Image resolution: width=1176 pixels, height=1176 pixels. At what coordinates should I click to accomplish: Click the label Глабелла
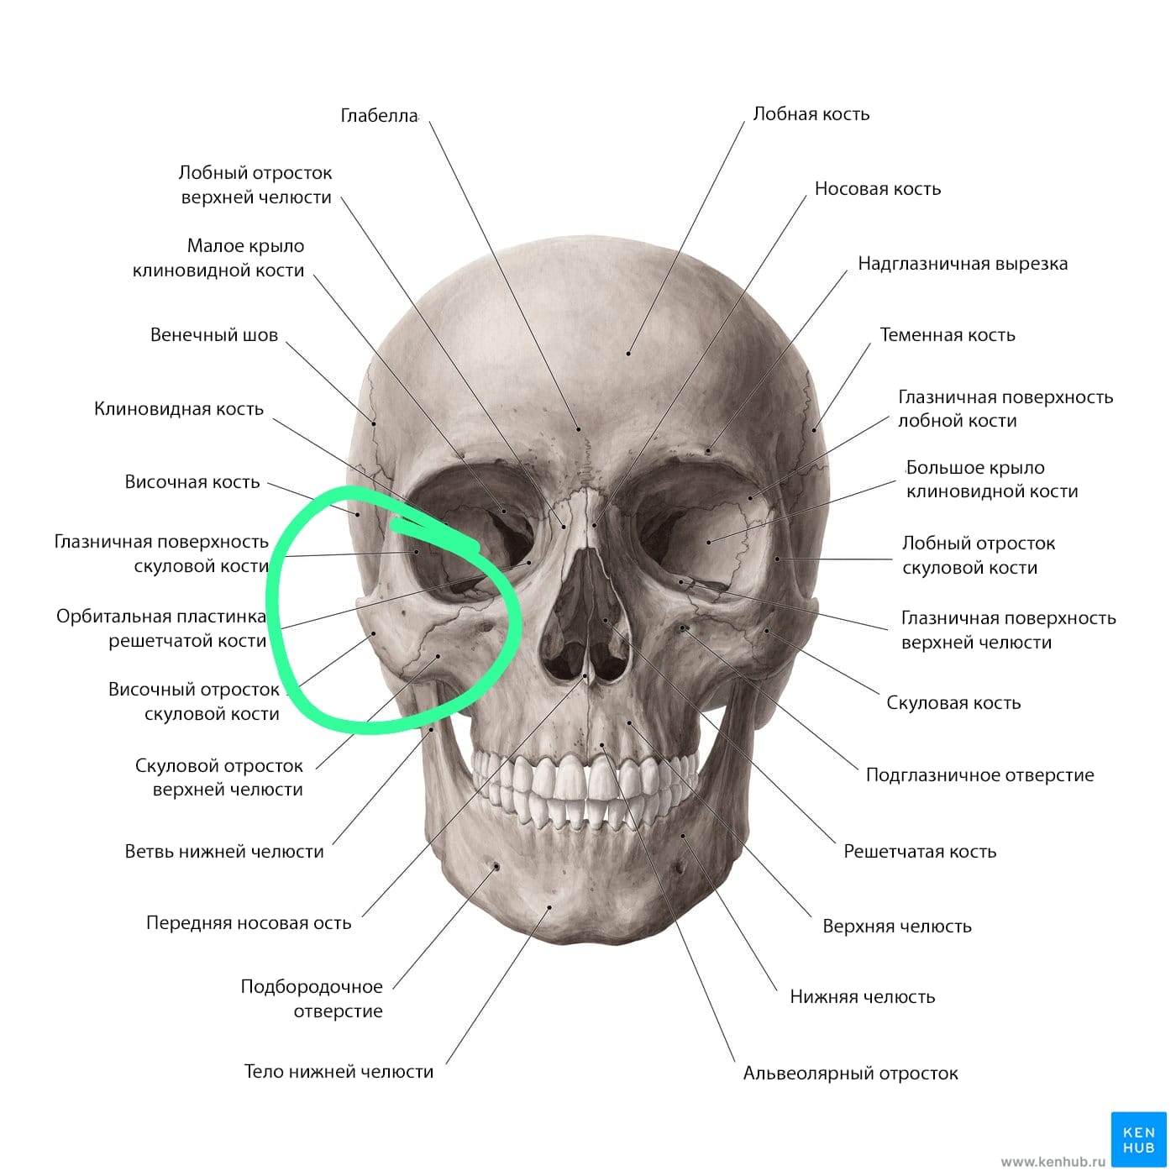click(379, 115)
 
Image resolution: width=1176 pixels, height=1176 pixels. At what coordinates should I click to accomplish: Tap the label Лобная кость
click(811, 114)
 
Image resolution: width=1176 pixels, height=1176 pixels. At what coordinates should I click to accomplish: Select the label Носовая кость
click(878, 188)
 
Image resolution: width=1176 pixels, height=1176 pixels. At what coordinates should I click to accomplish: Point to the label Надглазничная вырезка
click(963, 264)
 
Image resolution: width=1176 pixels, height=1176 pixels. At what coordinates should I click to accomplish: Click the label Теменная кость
click(948, 335)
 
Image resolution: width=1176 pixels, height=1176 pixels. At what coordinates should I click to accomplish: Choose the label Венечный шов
click(214, 335)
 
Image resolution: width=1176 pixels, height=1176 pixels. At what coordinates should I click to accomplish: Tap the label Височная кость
click(192, 482)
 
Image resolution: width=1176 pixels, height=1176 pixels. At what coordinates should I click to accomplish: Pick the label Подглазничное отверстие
click(980, 775)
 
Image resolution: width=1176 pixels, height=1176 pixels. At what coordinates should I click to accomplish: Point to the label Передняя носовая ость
click(249, 922)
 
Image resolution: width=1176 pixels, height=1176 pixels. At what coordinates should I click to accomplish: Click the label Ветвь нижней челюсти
click(224, 851)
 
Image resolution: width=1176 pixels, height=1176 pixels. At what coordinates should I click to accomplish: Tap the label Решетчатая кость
click(920, 851)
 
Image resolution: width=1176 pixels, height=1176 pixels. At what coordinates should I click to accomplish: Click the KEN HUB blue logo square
click(1139, 1139)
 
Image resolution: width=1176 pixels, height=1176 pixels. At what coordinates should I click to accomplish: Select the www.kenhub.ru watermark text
click(1053, 1162)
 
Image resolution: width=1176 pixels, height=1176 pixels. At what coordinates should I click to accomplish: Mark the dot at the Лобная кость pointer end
click(628, 354)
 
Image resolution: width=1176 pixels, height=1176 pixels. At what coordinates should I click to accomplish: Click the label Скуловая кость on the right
click(953, 703)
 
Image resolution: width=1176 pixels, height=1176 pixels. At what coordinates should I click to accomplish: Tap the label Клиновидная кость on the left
click(179, 409)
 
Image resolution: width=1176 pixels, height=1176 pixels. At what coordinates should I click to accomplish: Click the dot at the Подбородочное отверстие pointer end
click(496, 867)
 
